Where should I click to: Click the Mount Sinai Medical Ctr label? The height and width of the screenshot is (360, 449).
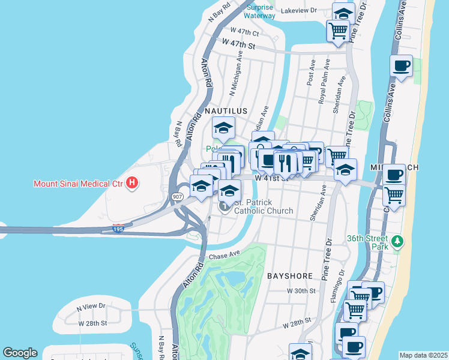[x=76, y=183]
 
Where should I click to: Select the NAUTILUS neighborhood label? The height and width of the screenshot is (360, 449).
[x=226, y=112]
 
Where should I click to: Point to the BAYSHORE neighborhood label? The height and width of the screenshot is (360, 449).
[x=290, y=276]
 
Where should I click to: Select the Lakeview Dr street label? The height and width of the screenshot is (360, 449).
[x=298, y=10]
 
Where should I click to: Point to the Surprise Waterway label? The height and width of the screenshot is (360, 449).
[x=259, y=12]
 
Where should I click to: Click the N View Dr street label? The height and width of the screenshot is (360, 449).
[x=91, y=307]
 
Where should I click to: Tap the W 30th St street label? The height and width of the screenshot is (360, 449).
[x=301, y=290]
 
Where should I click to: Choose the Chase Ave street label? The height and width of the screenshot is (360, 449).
[x=225, y=256]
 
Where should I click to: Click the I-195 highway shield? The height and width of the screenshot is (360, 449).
[x=118, y=228]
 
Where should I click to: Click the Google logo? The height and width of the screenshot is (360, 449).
[x=20, y=353]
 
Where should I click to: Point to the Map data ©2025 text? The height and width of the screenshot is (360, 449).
[x=423, y=355]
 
